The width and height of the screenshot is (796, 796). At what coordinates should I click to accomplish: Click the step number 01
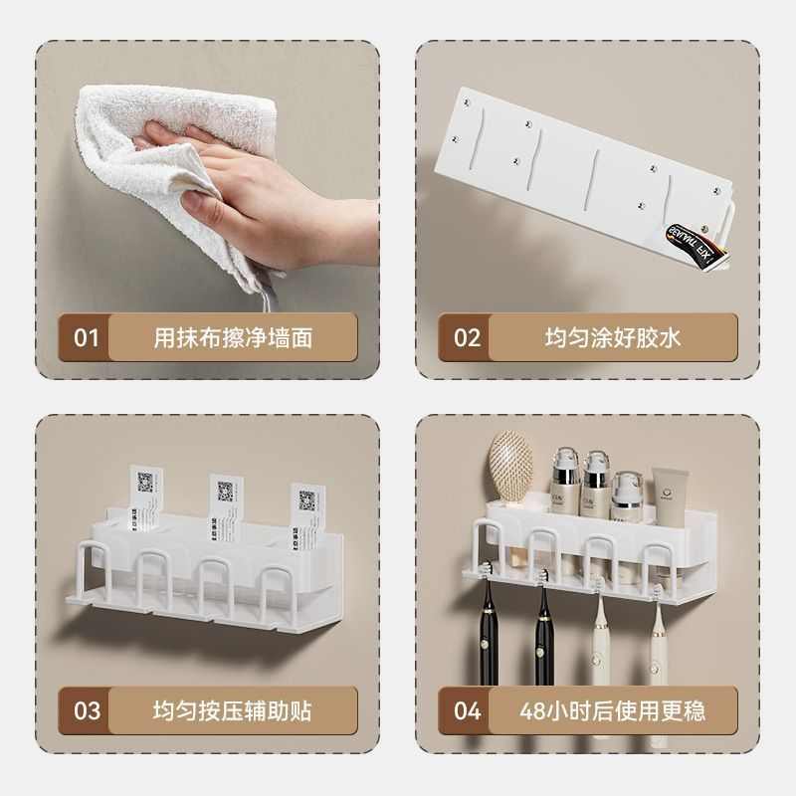point(87,337)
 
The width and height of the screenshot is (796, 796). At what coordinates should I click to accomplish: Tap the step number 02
point(467,337)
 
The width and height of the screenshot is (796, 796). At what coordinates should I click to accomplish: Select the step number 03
point(87,710)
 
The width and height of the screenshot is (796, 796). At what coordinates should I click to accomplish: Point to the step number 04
point(467,710)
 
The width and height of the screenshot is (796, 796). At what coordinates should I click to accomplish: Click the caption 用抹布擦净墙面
point(233,337)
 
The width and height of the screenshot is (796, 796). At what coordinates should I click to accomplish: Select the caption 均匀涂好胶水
point(612,337)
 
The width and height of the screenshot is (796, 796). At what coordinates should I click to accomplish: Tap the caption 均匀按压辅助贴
point(233,710)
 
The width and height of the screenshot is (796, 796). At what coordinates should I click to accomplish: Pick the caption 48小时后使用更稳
point(612,710)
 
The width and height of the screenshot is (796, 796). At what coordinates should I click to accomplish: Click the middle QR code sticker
point(226,494)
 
